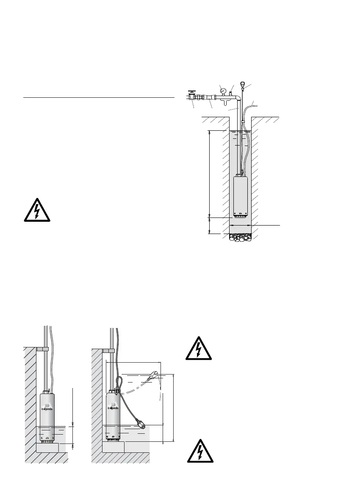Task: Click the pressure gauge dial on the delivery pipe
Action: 222,90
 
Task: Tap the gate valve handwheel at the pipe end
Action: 191,91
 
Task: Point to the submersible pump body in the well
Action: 240,195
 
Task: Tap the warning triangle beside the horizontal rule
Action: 36,210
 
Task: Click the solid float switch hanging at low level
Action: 141,423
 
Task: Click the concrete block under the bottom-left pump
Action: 47,447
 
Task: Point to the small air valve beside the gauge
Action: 230,93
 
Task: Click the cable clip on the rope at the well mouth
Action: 243,122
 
